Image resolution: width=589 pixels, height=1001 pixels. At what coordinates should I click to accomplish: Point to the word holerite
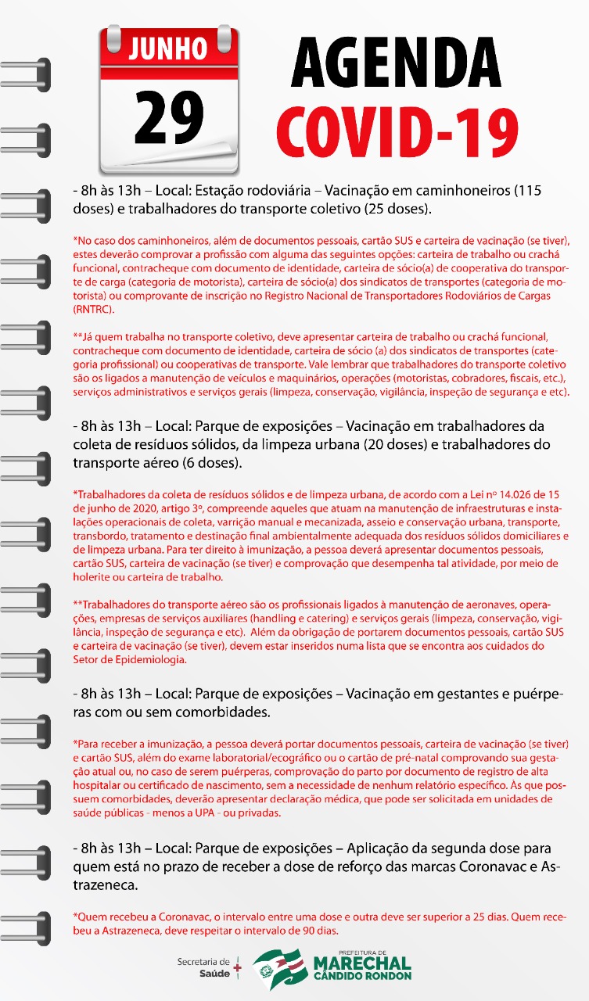pos(92,577)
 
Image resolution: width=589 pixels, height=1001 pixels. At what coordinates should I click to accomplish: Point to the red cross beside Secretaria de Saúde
pos(238,967)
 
